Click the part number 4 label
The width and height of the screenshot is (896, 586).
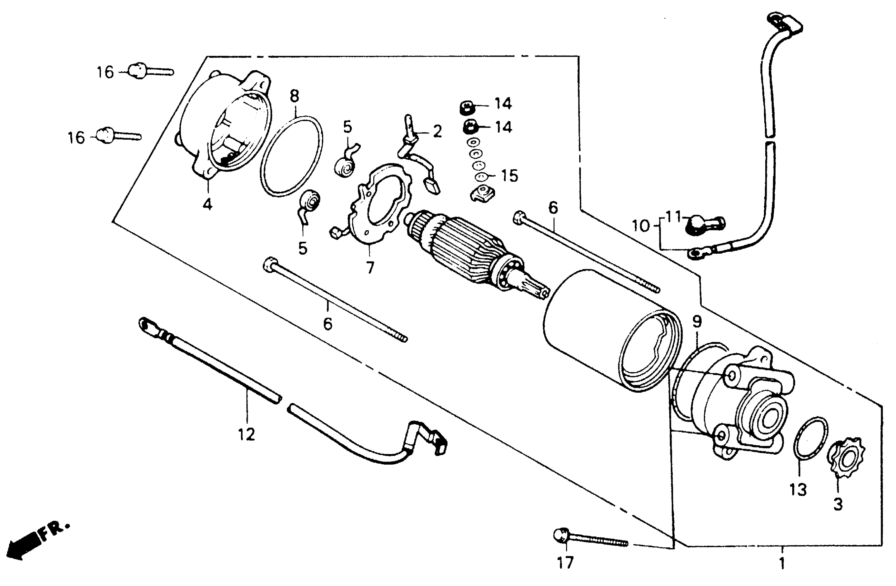(208, 204)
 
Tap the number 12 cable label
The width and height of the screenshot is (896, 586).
(246, 434)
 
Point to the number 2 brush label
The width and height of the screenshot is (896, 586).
(437, 131)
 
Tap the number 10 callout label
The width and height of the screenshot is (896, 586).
(641, 226)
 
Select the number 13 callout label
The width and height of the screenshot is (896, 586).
(798, 489)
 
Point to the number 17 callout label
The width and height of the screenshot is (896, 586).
(565, 563)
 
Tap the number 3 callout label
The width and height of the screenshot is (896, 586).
(838, 505)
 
